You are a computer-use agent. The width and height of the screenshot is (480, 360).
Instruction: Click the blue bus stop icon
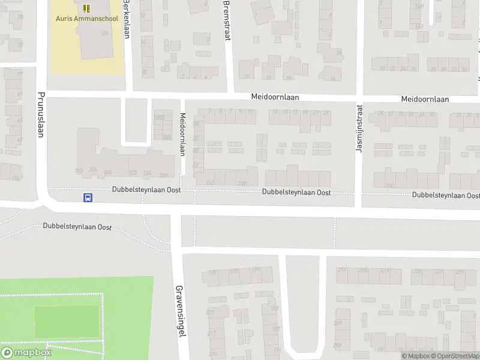[88, 197]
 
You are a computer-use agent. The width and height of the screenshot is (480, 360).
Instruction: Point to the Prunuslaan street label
[41, 114]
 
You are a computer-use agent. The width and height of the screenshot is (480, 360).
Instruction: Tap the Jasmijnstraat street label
[359, 128]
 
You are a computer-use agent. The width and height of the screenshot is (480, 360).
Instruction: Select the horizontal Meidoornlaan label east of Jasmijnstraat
[425, 100]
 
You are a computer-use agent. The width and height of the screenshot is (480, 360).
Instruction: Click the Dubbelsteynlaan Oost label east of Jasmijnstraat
[446, 196]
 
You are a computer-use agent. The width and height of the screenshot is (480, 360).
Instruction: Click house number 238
[242, 183]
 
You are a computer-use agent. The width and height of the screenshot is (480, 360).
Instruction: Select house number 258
[391, 185]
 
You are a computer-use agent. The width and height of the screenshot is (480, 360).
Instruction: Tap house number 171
[212, 273]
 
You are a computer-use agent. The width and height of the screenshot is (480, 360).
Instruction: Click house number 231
[460, 271]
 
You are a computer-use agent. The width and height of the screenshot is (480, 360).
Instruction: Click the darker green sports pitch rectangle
[66, 322]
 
